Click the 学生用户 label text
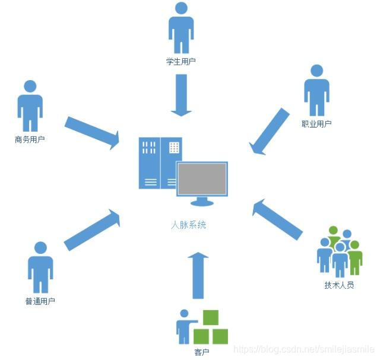pyautogui.click(x=181, y=62)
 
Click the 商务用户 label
pyautogui.click(x=30, y=141)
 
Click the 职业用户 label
pyautogui.click(x=316, y=124)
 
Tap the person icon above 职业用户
pyautogui.click(x=316, y=91)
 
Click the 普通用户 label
pyautogui.click(x=40, y=301)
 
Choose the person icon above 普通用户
pyautogui.click(x=40, y=267)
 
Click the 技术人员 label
pyautogui.click(x=339, y=285)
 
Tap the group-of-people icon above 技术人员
pyautogui.click(x=339, y=251)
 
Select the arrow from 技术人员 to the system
pyautogui.click(x=277, y=219)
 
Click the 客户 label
pyautogui.click(x=202, y=353)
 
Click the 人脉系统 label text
pyautogui.click(x=189, y=225)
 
